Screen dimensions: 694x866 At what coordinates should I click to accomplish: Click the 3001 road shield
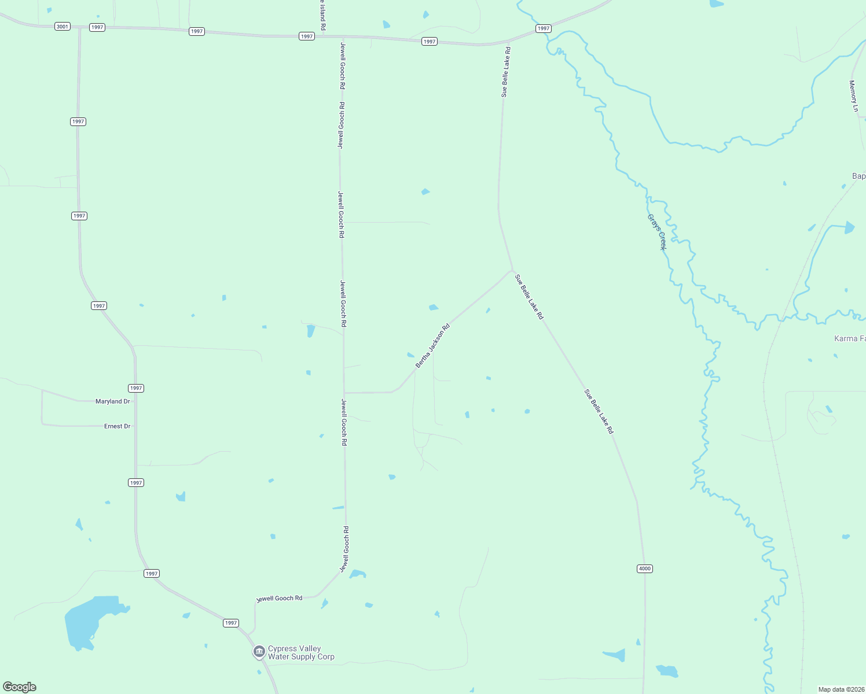pyautogui.click(x=63, y=27)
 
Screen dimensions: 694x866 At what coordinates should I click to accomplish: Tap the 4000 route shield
pyautogui.click(x=645, y=569)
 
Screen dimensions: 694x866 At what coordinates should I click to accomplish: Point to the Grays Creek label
pyautogui.click(x=657, y=232)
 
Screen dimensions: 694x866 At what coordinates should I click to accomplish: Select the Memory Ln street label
pyautogui.click(x=853, y=96)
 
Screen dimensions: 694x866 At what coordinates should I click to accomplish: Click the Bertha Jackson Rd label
pyautogui.click(x=432, y=346)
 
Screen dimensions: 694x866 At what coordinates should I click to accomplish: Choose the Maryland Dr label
pyautogui.click(x=113, y=401)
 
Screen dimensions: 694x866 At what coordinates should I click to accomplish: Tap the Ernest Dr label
pyautogui.click(x=118, y=426)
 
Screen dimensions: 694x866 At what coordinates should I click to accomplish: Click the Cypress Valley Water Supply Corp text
pyautogui.click(x=301, y=652)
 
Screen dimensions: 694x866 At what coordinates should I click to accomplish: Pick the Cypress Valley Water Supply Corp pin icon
pyautogui.click(x=259, y=652)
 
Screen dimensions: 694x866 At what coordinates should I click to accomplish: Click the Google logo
pyautogui.click(x=20, y=687)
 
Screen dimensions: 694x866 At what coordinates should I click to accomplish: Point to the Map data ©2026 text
pyautogui.click(x=841, y=689)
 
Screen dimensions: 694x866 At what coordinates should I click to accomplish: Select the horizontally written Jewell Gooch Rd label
pyautogui.click(x=280, y=599)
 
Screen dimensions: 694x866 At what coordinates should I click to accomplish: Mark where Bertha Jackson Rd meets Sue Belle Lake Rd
pyautogui.click(x=512, y=270)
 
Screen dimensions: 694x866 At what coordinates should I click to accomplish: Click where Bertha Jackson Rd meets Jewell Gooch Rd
pyautogui.click(x=344, y=393)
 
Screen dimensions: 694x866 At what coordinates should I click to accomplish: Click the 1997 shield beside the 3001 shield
pyautogui.click(x=97, y=27)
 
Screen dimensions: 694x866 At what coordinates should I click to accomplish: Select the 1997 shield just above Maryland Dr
pyautogui.click(x=136, y=388)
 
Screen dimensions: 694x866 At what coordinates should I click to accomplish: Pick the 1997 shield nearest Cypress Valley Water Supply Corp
pyautogui.click(x=231, y=623)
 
